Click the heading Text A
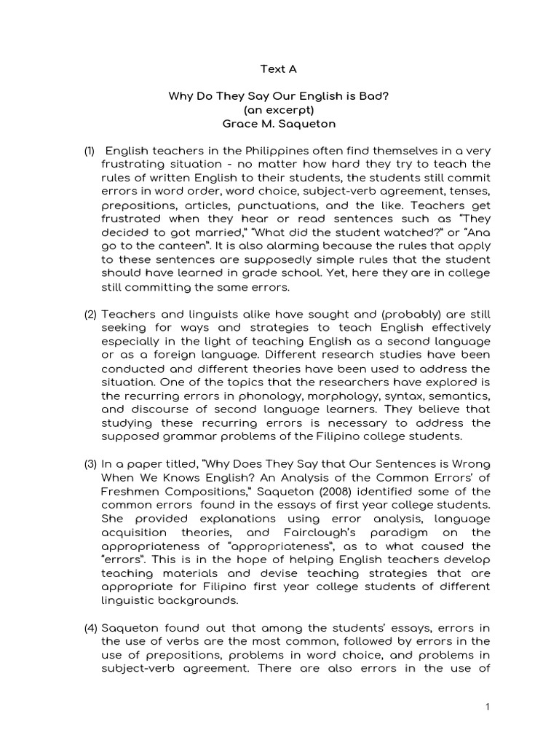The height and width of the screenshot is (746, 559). (279, 69)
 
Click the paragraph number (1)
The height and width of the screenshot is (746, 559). (89, 152)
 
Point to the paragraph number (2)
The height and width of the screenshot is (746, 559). (90, 315)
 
